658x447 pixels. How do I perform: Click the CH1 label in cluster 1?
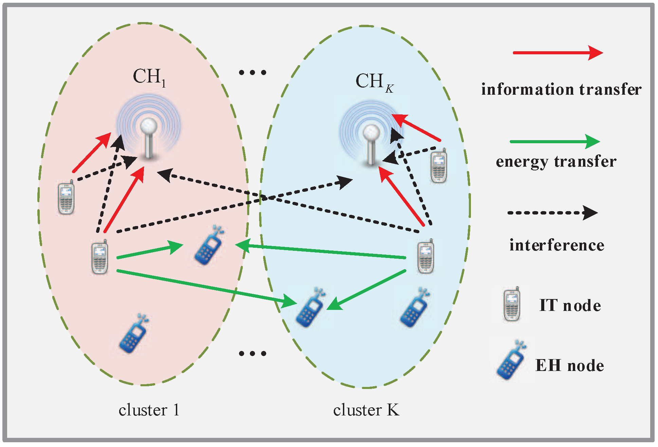149,77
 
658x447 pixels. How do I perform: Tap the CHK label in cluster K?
374,82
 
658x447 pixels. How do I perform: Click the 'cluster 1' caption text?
149,410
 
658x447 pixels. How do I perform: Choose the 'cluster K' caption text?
366,410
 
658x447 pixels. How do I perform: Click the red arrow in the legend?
557,53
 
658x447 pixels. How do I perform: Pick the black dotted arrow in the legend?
552,213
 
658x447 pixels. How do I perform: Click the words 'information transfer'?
561,90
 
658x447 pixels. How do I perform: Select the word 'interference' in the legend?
556,245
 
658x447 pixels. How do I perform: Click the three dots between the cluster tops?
252,72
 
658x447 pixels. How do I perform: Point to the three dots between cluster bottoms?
252,353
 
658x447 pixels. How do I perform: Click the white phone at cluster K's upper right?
439,166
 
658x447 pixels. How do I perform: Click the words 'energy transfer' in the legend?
556,162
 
